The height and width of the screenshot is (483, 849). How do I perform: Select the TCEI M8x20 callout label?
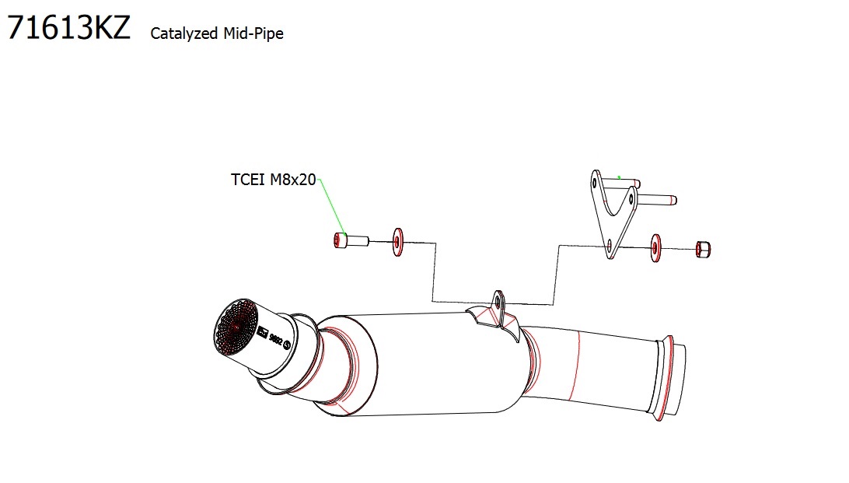pyautogui.click(x=273, y=180)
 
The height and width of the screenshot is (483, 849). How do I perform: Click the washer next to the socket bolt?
pyautogui.click(x=398, y=242)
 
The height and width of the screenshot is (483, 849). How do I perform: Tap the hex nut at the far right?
pyautogui.click(x=701, y=249)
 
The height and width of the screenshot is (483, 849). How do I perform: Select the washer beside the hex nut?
pyautogui.click(x=655, y=248)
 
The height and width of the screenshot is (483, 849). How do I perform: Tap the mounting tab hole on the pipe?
pyautogui.click(x=496, y=298)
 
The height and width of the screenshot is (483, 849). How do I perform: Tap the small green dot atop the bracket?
pyautogui.click(x=618, y=177)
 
